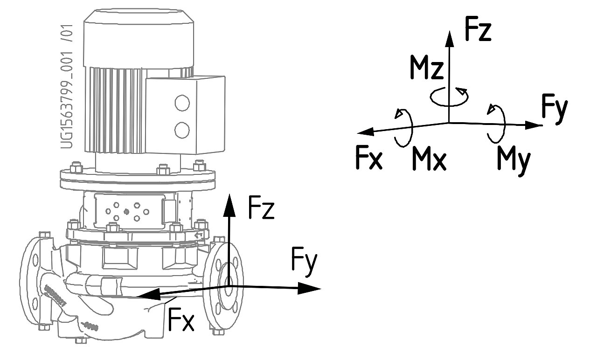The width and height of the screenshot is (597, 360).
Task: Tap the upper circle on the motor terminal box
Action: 182,102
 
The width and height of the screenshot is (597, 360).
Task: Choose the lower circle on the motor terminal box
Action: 182,129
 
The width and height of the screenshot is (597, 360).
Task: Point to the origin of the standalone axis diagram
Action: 449,123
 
